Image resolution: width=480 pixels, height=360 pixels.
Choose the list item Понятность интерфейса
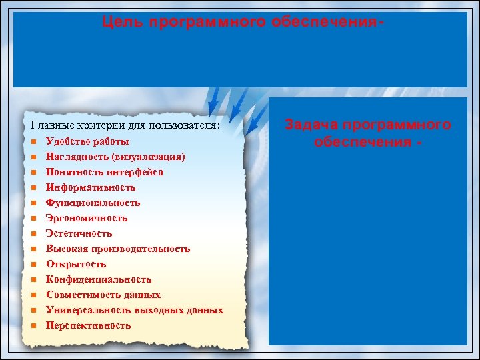point(104,172)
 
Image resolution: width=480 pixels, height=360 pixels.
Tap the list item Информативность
point(91,187)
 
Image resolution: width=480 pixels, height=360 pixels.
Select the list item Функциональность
point(93,203)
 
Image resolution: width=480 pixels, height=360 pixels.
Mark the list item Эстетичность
point(79,233)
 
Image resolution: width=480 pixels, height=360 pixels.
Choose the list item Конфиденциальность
point(99,279)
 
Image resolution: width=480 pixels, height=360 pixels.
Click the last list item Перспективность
point(88,325)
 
